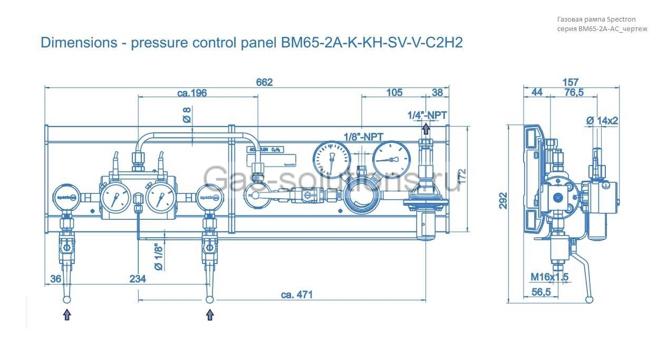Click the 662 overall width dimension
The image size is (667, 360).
264,82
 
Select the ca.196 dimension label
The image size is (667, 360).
192,93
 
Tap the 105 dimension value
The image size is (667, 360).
394,93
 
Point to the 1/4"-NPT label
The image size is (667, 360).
427,114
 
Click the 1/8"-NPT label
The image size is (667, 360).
363,137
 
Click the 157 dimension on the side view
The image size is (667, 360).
571,82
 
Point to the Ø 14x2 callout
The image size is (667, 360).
602,121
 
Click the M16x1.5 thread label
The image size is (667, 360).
549,277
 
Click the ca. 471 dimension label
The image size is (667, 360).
296,295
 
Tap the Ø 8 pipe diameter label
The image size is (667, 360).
187,115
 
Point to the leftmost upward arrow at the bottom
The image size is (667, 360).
67,315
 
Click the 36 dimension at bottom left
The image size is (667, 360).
55,279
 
